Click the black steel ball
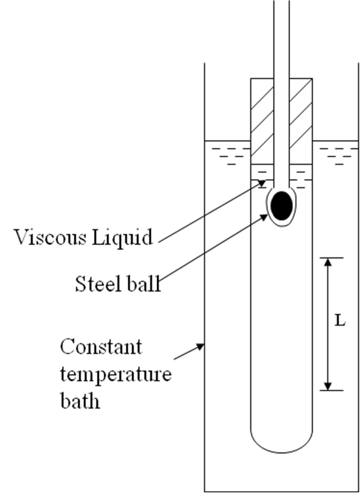coord(282,205)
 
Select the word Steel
coord(98,284)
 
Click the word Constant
coord(101,347)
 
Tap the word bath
coord(80,400)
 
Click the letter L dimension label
coord(339,321)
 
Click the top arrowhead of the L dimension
coord(327,262)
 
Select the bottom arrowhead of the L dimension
coord(327,386)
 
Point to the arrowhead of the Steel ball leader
coord(264,217)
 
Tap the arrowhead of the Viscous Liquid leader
coord(262,182)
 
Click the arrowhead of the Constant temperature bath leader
coord(200,346)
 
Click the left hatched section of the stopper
coord(262,121)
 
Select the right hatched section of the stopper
coord(301,121)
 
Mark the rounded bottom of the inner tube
coord(282,452)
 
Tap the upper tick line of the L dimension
coord(332,258)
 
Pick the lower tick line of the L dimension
coord(332,390)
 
